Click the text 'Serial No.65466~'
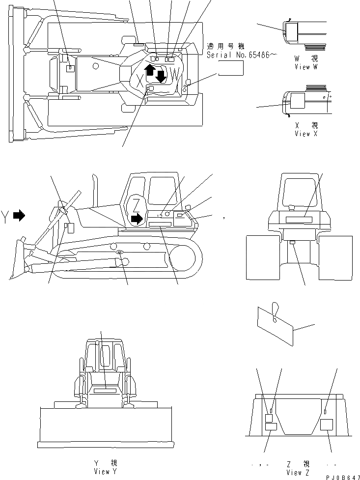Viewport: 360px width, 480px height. [x=238, y=56]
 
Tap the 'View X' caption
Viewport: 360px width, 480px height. [x=305, y=134]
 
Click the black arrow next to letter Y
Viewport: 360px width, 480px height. [x=19, y=215]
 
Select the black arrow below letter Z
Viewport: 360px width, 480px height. [x=138, y=217]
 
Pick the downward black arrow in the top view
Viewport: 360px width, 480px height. [x=161, y=76]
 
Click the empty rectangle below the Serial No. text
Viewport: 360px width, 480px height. [x=231, y=69]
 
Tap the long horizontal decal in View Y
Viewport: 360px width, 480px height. [x=106, y=391]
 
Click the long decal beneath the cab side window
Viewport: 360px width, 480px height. [x=160, y=224]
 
